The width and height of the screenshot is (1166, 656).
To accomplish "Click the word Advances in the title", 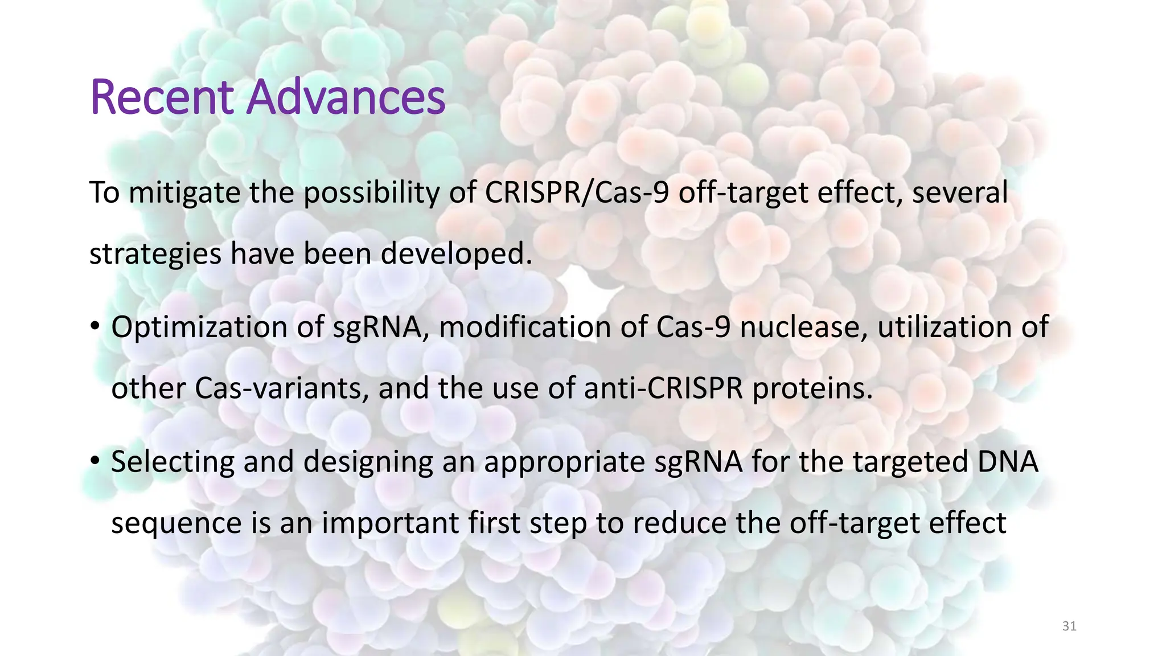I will point(346,97).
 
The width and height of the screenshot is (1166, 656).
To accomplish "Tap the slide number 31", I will point(1069,626).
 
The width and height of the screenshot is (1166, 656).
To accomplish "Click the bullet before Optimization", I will point(95,327).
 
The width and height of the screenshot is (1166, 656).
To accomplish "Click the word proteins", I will point(812,389).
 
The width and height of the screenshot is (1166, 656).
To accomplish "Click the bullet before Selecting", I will point(95,461).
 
